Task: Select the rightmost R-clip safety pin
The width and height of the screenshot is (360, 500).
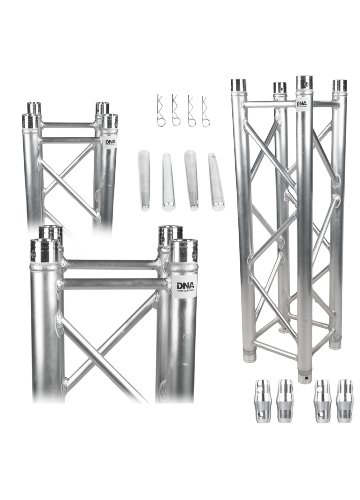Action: (x=205, y=111)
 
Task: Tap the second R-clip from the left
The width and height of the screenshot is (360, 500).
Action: (x=176, y=111)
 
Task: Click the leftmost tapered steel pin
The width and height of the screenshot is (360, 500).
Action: (x=144, y=180)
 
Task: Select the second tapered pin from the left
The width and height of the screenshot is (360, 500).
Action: (x=168, y=182)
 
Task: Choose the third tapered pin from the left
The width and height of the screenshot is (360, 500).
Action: (x=192, y=180)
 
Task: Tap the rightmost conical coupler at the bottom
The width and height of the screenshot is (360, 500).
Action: (x=345, y=401)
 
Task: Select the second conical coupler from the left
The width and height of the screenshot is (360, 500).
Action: (x=285, y=401)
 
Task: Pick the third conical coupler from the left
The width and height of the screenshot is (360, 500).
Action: (x=322, y=401)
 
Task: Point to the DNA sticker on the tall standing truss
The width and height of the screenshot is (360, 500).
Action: (x=301, y=104)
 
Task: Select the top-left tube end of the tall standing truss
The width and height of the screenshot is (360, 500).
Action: (x=238, y=85)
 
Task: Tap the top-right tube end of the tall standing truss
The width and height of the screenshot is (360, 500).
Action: (x=340, y=86)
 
